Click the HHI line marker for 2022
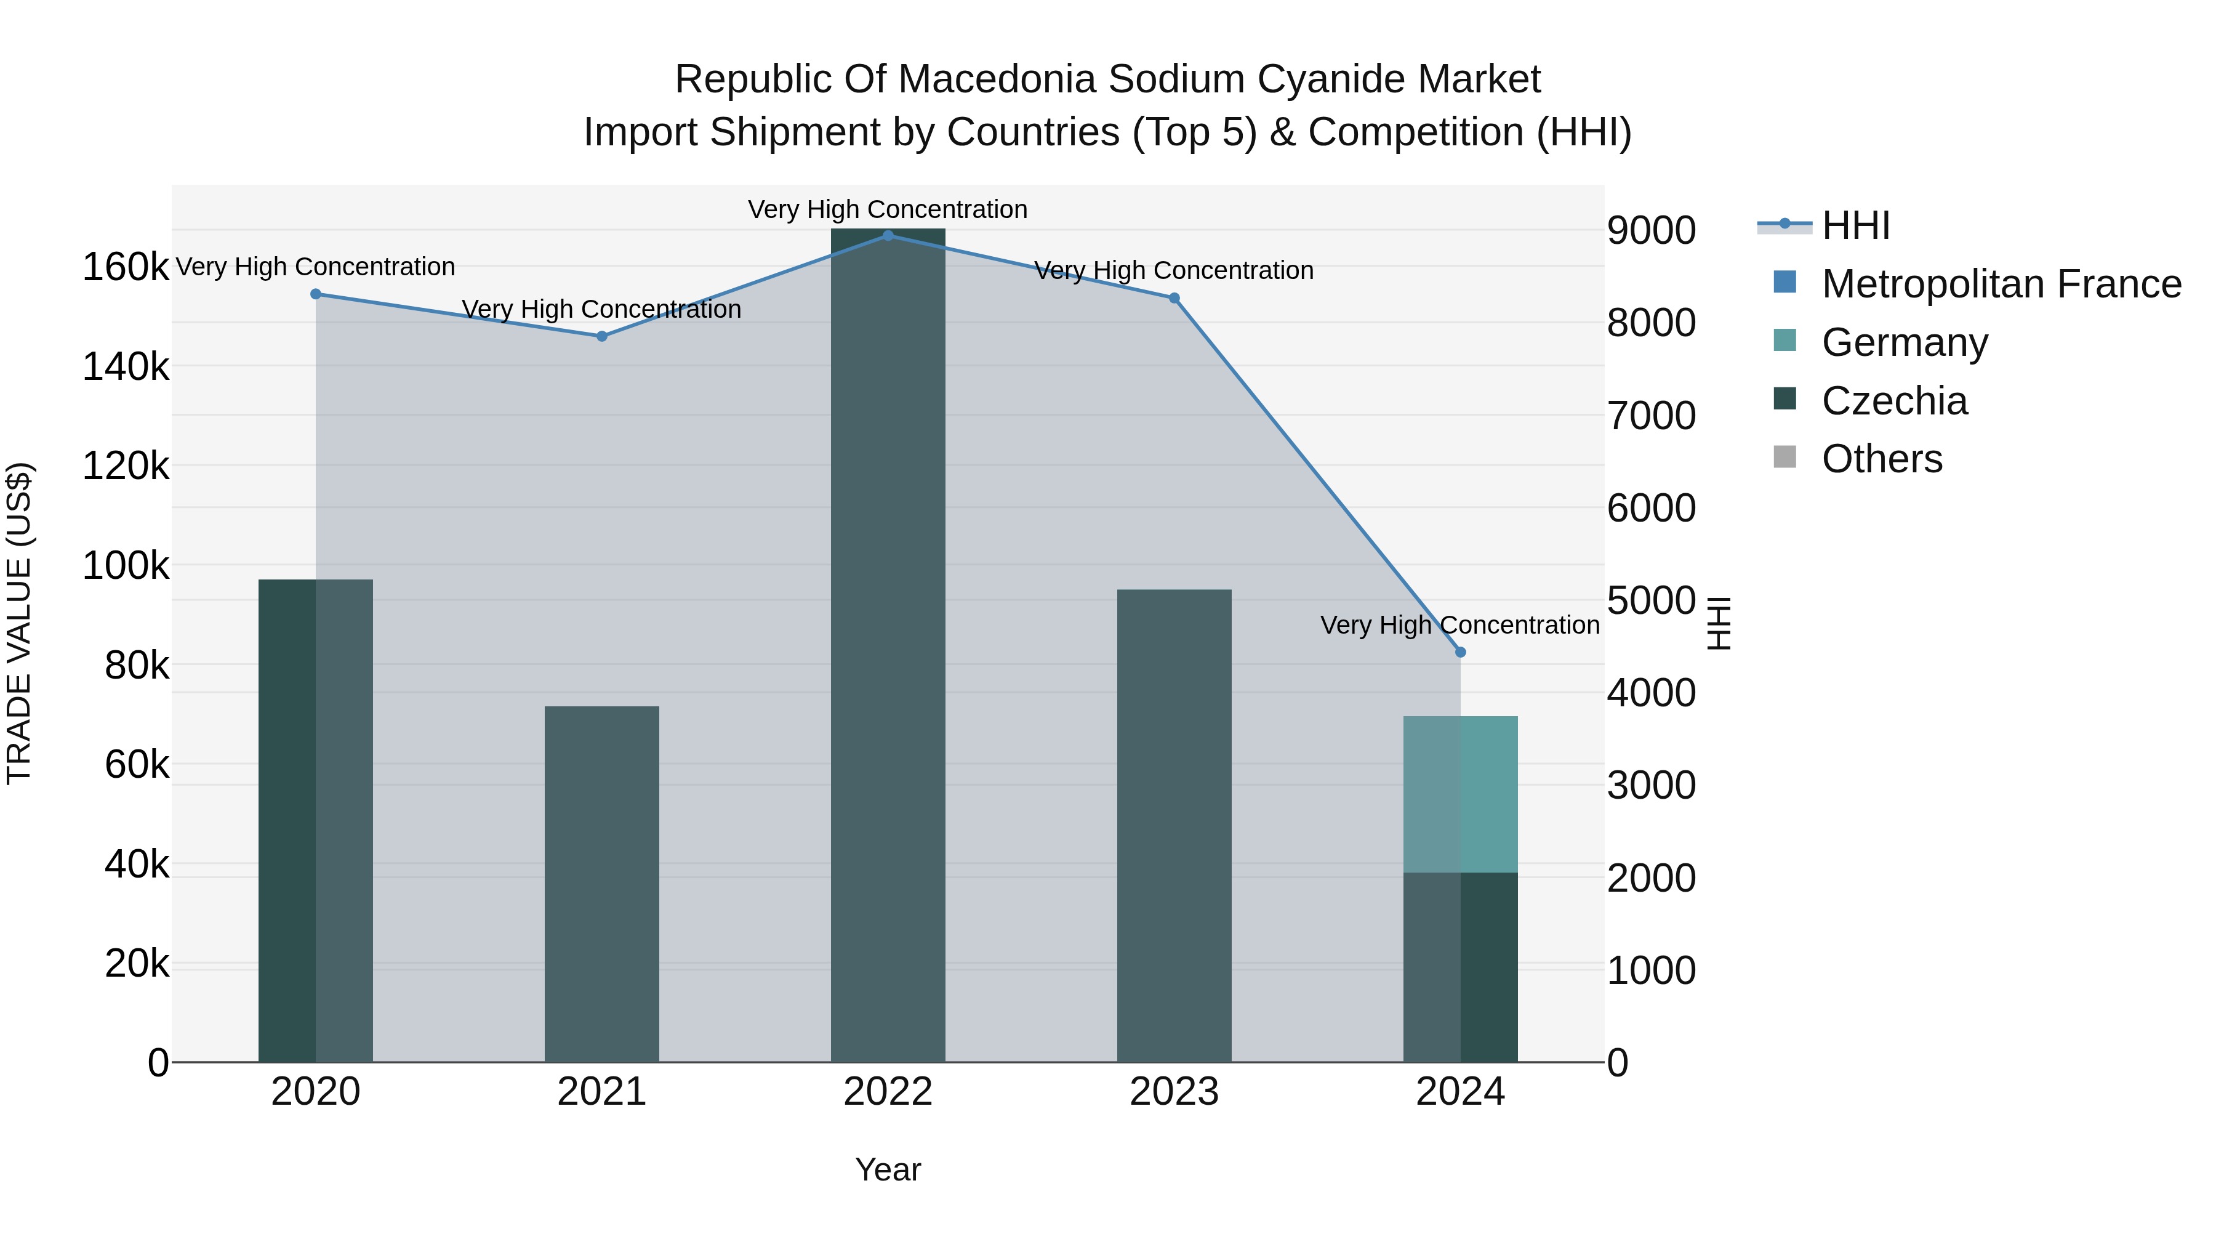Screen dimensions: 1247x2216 888,236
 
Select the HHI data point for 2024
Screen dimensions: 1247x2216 1460,652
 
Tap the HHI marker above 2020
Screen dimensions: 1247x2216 316,294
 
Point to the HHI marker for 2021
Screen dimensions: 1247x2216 602,336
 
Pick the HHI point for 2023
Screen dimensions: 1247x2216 1174,299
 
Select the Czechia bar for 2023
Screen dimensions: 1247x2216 1174,826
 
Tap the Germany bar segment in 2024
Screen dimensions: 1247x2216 1460,794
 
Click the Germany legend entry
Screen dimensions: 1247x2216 1905,342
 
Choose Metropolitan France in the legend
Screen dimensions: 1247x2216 2001,284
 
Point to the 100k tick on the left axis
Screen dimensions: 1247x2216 126,567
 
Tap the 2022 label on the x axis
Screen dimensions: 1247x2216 888,1092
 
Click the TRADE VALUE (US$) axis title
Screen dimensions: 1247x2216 19,623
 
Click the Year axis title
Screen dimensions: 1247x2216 888,1169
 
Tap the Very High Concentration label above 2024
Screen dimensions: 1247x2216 1460,625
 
